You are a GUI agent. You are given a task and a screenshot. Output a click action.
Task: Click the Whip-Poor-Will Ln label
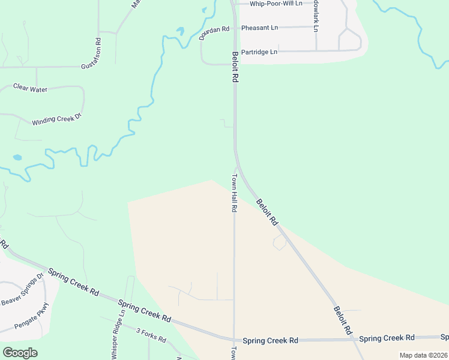(276, 4)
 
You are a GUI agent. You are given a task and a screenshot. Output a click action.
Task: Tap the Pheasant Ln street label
(259, 28)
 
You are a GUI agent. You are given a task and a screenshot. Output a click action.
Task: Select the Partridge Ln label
(259, 52)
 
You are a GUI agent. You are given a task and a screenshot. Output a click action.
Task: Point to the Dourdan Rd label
(215, 32)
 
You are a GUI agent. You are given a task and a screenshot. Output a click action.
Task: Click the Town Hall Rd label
(235, 193)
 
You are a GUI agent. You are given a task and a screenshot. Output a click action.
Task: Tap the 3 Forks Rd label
(151, 335)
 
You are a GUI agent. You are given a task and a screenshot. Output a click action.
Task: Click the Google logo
(20, 353)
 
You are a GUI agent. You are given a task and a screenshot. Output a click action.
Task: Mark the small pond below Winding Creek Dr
(17, 158)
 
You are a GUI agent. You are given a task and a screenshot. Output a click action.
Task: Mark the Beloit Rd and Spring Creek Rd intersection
(355, 339)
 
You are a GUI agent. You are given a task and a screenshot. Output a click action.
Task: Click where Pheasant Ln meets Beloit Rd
(234, 28)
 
